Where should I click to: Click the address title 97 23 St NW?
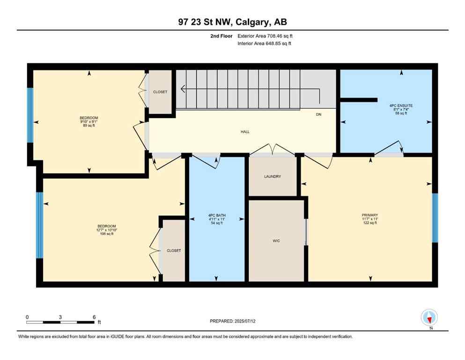(232, 22)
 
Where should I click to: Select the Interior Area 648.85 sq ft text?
(265, 44)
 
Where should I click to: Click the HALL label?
(245, 132)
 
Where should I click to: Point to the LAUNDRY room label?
(272, 177)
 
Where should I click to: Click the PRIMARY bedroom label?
(369, 215)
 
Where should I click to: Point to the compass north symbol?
(429, 317)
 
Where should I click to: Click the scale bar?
(60, 322)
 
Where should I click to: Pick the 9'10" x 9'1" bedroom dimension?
(89, 122)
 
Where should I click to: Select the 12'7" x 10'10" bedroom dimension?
(106, 230)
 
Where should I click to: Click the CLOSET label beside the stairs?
(160, 92)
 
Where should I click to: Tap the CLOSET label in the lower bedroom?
(174, 251)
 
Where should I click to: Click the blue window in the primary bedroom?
(435, 218)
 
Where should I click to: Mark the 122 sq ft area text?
(369, 223)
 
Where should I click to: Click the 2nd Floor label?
(222, 36)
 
